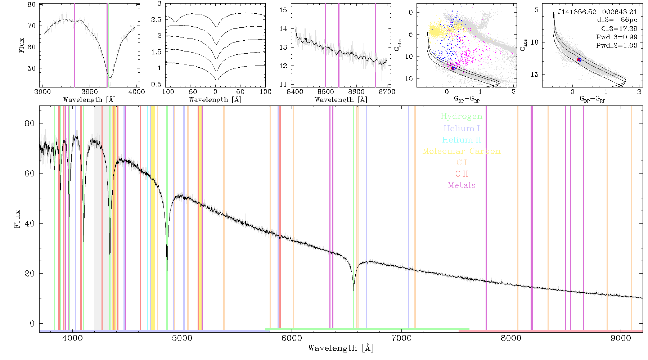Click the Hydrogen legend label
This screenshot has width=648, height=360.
tap(461, 117)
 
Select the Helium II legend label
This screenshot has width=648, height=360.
tap(462, 140)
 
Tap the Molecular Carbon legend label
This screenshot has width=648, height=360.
tap(462, 151)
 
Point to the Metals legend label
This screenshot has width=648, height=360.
tap(462, 185)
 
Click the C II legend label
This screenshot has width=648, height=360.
tap(462, 174)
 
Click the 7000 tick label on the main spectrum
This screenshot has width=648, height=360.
tap(401, 338)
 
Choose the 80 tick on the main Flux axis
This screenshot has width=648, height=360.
tap(30, 123)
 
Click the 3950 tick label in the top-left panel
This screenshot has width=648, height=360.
tap(90, 92)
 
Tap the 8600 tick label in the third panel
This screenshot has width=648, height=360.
tap(356, 92)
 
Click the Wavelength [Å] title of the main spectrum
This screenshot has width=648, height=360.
tap(341, 348)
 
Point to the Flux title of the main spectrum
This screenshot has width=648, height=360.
tap(17, 219)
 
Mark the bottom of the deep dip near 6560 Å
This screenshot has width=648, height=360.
tap(354, 290)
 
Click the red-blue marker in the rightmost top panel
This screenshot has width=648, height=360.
tap(579, 60)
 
